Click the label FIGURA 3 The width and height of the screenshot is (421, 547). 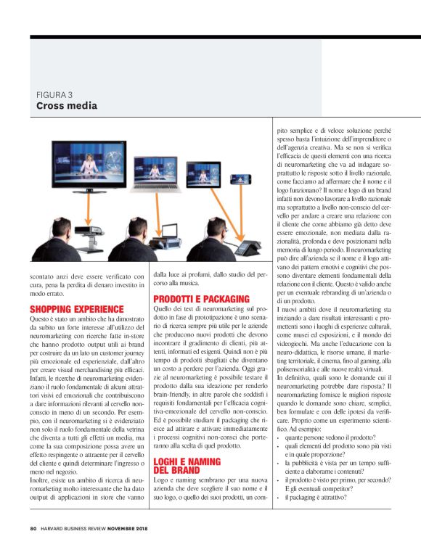click(54, 94)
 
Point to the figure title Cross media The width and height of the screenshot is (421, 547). click(67, 106)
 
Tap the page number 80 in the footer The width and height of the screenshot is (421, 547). click(33, 529)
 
